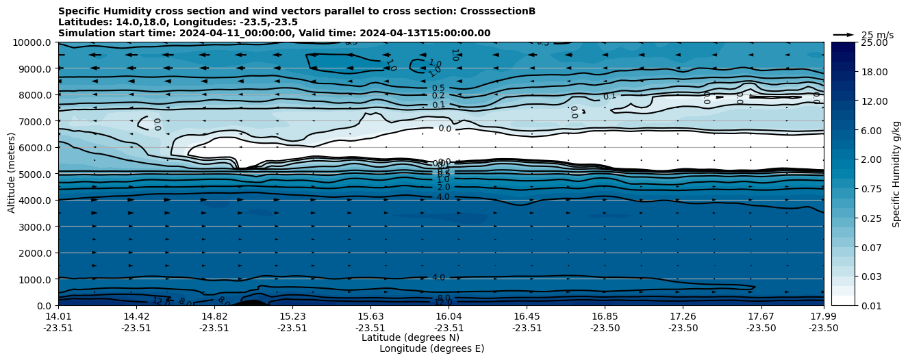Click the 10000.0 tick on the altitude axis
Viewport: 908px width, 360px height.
pos(34,42)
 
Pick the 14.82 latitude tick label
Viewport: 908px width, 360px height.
pos(214,316)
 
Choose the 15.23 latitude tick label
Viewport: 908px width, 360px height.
pos(292,316)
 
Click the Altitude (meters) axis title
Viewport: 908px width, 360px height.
pos(12,174)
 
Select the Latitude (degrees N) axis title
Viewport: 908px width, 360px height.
pos(410,337)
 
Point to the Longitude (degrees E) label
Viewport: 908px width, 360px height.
pos(431,348)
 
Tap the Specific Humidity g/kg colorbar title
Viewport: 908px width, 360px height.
pos(896,174)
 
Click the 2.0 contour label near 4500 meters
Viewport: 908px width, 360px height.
pos(444,188)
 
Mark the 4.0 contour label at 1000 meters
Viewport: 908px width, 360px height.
pos(438,277)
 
